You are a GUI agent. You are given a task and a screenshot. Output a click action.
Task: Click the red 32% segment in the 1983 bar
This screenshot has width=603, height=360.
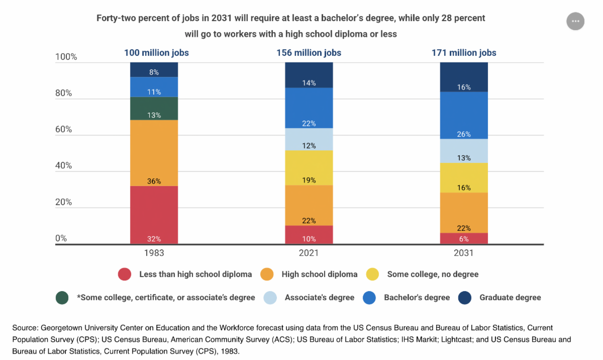click(x=154, y=215)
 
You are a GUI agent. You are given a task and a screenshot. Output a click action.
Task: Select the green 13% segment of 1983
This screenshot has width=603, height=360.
click(x=154, y=108)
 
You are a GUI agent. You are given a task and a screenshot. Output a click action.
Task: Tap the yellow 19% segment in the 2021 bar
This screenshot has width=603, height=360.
click(x=309, y=167)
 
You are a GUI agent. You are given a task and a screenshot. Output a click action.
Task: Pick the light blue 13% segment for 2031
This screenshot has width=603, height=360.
click(x=464, y=151)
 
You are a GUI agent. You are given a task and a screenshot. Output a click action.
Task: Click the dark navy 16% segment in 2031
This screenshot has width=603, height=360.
click(x=464, y=77)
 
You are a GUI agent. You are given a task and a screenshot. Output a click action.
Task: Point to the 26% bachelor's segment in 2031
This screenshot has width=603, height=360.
click(x=464, y=116)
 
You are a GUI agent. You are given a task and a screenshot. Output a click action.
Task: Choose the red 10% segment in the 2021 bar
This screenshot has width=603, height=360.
click(x=309, y=235)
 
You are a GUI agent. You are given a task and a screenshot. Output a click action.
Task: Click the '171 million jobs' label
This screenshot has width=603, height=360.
click(x=464, y=53)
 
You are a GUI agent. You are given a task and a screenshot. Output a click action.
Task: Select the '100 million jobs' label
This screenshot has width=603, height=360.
click(x=156, y=53)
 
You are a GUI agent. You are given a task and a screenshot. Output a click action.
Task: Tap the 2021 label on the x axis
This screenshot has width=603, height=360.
click(x=309, y=253)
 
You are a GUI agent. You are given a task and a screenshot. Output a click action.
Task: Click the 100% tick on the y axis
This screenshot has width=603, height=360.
click(x=66, y=57)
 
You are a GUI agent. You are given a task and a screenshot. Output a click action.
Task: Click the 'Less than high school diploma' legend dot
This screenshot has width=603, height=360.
click(x=125, y=275)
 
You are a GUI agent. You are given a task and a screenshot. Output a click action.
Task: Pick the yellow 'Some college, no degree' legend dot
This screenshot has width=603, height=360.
click(x=373, y=275)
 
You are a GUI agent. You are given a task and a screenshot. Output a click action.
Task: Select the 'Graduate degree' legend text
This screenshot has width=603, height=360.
click(x=510, y=298)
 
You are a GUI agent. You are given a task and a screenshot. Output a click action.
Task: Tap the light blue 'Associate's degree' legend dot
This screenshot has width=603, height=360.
click(x=270, y=298)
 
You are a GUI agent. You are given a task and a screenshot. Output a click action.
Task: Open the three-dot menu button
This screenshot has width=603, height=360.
click(x=575, y=22)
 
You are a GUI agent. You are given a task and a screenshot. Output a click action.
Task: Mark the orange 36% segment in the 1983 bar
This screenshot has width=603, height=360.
click(x=154, y=153)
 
